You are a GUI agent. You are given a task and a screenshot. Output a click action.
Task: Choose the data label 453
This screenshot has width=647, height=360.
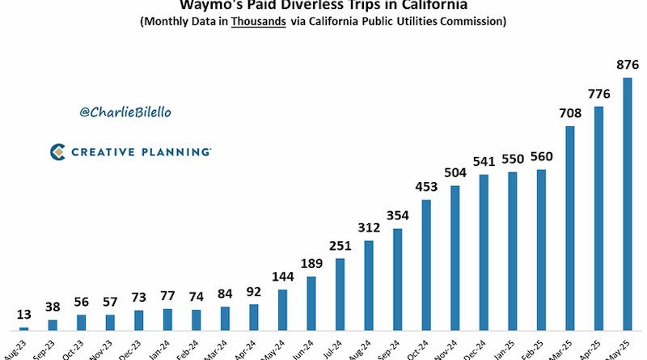pyautogui.click(x=426, y=187)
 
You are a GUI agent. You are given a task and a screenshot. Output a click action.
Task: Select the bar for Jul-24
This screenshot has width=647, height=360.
pyautogui.click(x=340, y=294)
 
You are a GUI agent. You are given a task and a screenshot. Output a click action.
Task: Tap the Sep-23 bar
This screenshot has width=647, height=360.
pyautogui.click(x=53, y=325)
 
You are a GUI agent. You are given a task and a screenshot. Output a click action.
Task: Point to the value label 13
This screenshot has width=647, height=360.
pyautogui.click(x=24, y=315)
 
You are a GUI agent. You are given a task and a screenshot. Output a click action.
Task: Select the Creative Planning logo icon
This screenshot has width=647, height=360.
pyautogui.click(x=57, y=151)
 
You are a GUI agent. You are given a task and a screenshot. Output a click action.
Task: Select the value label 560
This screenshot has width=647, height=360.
pyautogui.click(x=541, y=157)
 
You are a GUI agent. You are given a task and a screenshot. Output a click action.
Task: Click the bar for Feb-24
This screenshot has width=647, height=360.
pyautogui.click(x=197, y=320)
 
